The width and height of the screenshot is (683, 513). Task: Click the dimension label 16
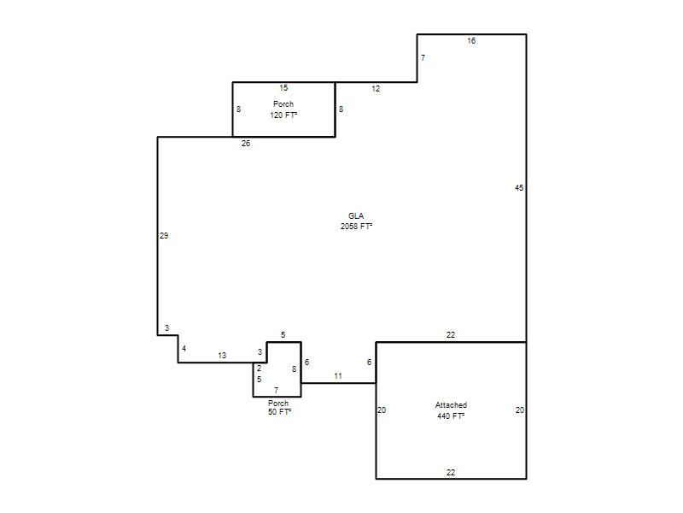pyautogui.click(x=471, y=41)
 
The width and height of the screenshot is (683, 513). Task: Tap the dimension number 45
pyautogui.click(x=519, y=188)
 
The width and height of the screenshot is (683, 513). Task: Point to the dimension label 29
pyautogui.click(x=164, y=236)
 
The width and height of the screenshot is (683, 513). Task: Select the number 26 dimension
pyautogui.click(x=246, y=144)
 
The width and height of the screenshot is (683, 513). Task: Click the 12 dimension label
pyautogui.click(x=376, y=89)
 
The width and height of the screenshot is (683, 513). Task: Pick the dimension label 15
pyautogui.click(x=283, y=88)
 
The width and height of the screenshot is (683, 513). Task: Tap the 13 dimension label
pyautogui.click(x=222, y=356)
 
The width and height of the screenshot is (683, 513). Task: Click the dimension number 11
pyautogui.click(x=338, y=376)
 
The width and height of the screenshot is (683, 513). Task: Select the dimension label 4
pyautogui.click(x=184, y=349)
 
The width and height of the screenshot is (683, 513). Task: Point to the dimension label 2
pyautogui.click(x=259, y=369)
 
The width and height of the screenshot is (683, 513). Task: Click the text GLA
pyautogui.click(x=356, y=216)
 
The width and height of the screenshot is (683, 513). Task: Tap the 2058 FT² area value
pyautogui.click(x=356, y=227)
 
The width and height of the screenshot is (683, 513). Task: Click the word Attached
pyautogui.click(x=451, y=405)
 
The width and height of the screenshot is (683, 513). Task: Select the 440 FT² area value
pyautogui.click(x=451, y=416)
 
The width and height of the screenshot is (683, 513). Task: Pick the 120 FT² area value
pyautogui.click(x=283, y=115)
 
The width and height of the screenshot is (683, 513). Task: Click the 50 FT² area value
pyautogui.click(x=280, y=412)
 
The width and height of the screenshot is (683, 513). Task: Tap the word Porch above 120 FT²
pyautogui.click(x=283, y=104)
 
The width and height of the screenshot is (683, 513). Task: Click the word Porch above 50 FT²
pyautogui.click(x=278, y=404)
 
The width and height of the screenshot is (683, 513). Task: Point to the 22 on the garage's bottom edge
pyautogui.click(x=451, y=473)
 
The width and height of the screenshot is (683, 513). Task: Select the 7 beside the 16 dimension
pyautogui.click(x=423, y=58)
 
